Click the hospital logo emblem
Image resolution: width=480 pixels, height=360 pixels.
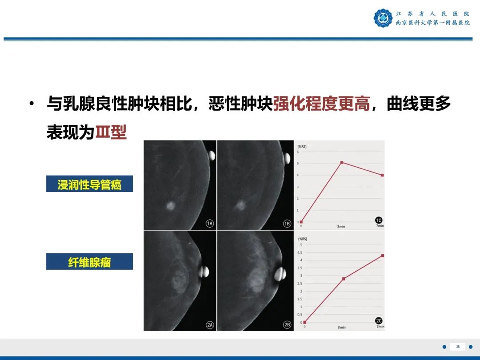coord(383,18)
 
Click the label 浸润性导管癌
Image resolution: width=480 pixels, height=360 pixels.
coord(89,184)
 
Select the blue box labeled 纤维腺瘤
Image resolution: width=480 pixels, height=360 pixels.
coord(89,262)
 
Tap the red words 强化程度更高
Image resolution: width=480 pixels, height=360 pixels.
coord(321,104)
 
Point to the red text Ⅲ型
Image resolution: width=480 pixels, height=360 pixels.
coord(111,132)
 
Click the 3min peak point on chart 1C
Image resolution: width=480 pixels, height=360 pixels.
coord(341,163)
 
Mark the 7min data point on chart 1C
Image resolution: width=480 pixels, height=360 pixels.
coord(382,175)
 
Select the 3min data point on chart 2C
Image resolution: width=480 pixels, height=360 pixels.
coord(344,279)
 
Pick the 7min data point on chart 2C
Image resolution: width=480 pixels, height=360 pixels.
coord(382,256)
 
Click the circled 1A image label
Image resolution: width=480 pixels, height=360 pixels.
coord(210,224)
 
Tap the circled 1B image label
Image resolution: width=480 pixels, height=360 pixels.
coord(287,224)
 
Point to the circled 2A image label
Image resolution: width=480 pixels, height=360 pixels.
coord(210,325)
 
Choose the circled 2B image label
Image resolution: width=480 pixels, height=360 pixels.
coord(287,325)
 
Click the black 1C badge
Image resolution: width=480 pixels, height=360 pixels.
coord(378,220)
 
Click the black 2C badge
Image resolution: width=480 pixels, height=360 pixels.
coord(379,320)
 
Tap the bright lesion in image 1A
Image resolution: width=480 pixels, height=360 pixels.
coord(170,205)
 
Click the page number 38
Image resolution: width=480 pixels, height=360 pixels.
coord(458,347)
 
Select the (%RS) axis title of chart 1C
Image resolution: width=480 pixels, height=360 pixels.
coord(302,146)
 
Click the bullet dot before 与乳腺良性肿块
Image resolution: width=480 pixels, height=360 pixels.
coord(31,104)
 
